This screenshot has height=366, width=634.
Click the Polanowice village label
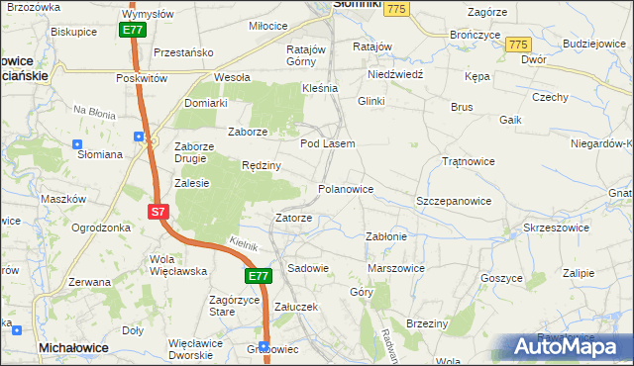346,188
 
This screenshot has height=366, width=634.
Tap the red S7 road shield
159,212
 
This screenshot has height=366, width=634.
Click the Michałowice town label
73,348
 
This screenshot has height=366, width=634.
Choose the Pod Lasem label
327,144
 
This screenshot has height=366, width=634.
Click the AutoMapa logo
565,347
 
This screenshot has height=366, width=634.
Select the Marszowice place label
396,268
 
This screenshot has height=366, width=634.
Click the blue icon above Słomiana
77,142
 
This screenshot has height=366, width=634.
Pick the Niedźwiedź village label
395,74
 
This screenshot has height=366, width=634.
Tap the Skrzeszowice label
556,228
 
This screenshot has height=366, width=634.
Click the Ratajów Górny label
306,54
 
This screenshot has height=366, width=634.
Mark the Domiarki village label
206,102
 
